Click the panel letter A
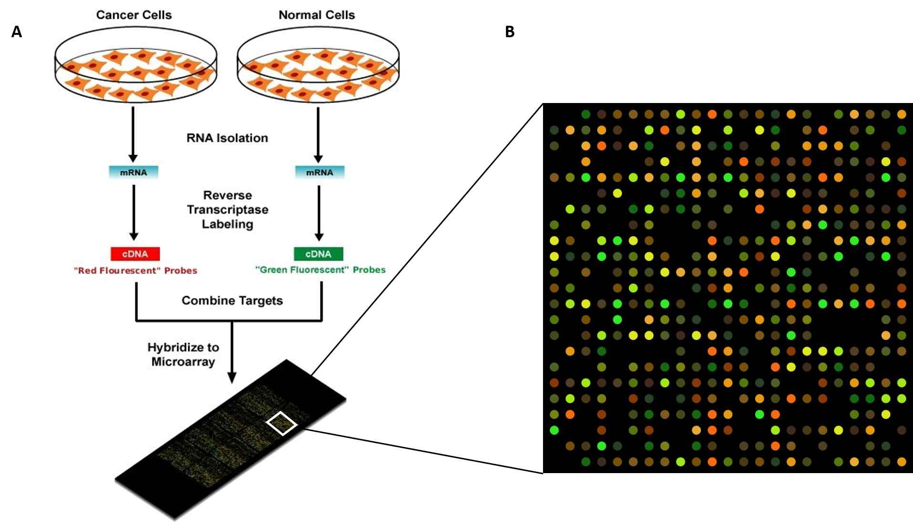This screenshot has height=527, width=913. click(17, 32)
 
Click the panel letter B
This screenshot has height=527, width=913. click(510, 32)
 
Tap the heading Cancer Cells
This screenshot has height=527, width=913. click(133, 15)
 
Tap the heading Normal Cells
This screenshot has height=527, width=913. click(317, 15)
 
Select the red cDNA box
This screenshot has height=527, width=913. click(135, 254)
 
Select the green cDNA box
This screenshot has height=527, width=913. click(318, 254)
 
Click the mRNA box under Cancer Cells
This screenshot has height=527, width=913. click(133, 172)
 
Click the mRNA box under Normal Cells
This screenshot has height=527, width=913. click(319, 172)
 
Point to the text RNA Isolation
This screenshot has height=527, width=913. click(227, 138)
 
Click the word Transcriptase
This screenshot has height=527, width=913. click(227, 209)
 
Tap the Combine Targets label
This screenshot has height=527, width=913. click(232, 300)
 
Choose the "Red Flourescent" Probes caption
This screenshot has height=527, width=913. click(135, 270)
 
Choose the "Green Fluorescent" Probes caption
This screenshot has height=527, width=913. click(320, 269)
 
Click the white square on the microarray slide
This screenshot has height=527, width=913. click(282, 423)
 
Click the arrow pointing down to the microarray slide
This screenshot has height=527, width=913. click(232, 353)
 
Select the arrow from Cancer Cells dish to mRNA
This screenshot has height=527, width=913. click(133, 134)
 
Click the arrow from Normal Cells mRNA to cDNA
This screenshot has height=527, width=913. click(319, 212)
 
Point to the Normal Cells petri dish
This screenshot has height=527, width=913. click(318, 64)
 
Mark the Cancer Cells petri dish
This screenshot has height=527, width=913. click(135, 64)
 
